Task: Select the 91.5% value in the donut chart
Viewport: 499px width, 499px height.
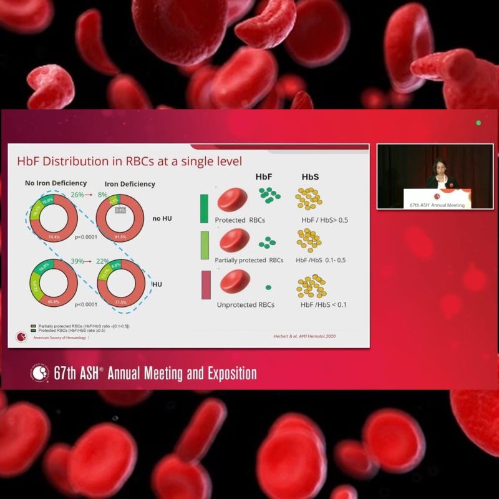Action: pyautogui.click(x=120, y=237)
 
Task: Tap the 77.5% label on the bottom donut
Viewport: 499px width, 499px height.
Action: pyautogui.click(x=120, y=301)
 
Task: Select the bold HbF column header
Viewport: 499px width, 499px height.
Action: pyautogui.click(x=264, y=177)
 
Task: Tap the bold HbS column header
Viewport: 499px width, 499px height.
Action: pyautogui.click(x=310, y=177)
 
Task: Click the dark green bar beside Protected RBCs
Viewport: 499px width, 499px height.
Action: pyautogui.click(x=204, y=208)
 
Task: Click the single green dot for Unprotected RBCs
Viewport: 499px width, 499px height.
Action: pyautogui.click(x=268, y=287)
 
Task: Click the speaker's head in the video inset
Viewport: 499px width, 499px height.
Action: pyautogui.click(x=436, y=165)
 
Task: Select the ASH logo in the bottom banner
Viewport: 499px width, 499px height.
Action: pyautogui.click(x=40, y=373)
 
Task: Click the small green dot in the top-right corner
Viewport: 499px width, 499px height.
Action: pyautogui.click(x=478, y=123)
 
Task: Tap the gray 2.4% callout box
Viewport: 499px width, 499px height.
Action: pyautogui.click(x=120, y=210)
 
